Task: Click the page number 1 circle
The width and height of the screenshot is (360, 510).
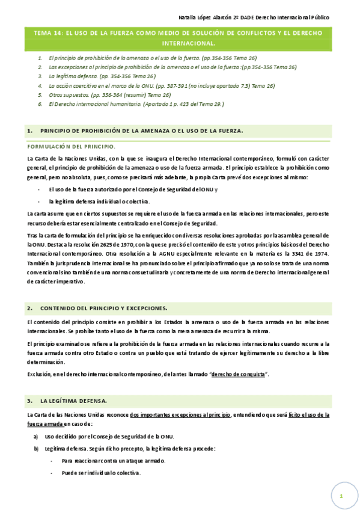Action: [340, 496]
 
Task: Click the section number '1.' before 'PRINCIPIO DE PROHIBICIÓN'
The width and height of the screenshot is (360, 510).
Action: [29, 131]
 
